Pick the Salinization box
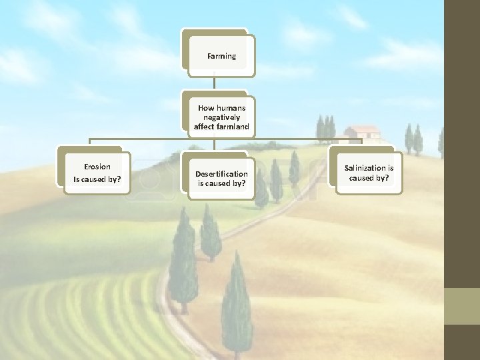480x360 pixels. click(369, 173)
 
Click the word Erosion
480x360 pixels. click(97, 167)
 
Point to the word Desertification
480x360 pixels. click(221, 174)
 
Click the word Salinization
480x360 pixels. click(365, 168)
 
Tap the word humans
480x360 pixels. click(231, 108)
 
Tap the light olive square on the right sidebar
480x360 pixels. click(462, 306)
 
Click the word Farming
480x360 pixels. click(221, 57)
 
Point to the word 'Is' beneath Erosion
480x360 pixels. click(77, 179)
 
